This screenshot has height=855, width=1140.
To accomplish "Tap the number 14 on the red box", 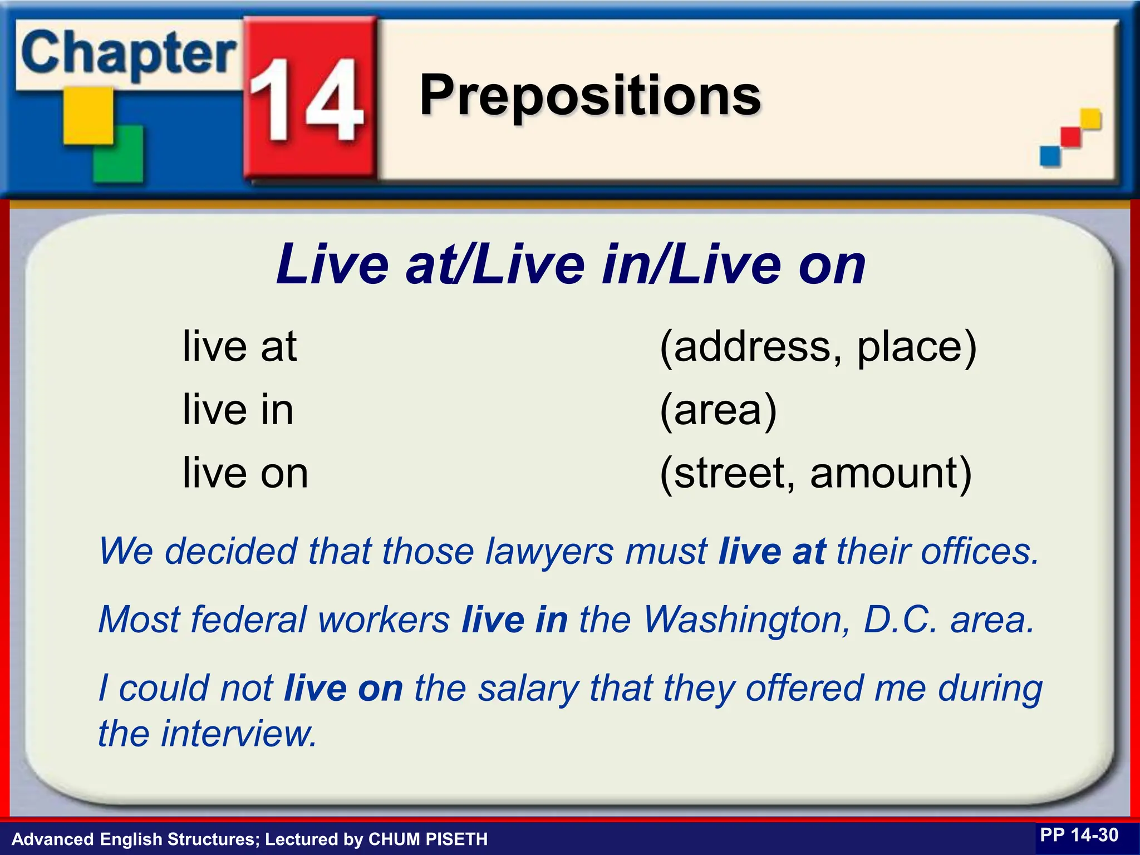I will [306, 100].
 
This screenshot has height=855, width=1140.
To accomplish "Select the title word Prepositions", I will [590, 96].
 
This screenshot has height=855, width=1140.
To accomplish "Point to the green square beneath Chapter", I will [118, 154].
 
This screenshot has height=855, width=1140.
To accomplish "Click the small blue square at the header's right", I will [1050, 156].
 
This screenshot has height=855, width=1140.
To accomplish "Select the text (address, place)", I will [818, 347].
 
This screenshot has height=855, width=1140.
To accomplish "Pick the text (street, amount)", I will [815, 473].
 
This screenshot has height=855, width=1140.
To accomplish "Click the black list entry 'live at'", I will [239, 346].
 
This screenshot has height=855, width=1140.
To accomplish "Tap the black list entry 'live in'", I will [238, 410].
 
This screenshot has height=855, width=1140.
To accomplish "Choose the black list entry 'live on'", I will [245, 473].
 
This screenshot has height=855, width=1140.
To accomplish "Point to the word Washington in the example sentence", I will [746, 620].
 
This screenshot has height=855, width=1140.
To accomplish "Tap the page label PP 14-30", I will [1079, 836].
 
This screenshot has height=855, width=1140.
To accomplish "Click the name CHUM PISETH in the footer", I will [428, 839].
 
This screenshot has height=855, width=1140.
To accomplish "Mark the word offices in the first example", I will [980, 552].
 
